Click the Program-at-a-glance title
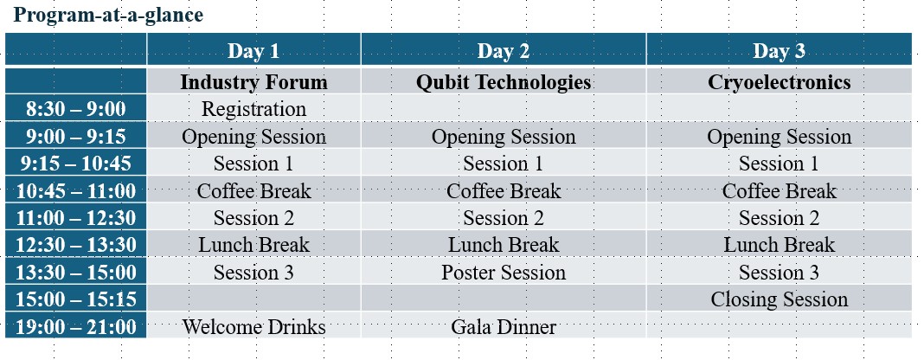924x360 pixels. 108,15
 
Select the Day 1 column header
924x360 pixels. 253,51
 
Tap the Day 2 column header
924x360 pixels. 504,51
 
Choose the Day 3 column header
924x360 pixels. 779,51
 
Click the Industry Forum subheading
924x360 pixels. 253,82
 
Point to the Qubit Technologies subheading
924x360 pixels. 504,82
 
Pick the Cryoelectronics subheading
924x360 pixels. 779,82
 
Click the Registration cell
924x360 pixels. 253,109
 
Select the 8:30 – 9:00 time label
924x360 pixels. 75,110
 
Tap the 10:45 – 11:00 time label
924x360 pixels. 75,191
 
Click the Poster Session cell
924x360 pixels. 504,273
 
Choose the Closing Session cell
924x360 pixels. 779,299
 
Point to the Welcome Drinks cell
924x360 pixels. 253,326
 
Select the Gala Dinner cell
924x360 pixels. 504,326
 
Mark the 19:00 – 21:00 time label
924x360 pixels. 75,327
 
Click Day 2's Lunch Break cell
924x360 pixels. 504,245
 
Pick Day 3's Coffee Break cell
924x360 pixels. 779,191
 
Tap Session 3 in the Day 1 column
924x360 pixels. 253,273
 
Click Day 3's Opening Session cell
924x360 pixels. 779,137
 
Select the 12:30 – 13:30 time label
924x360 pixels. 75,246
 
